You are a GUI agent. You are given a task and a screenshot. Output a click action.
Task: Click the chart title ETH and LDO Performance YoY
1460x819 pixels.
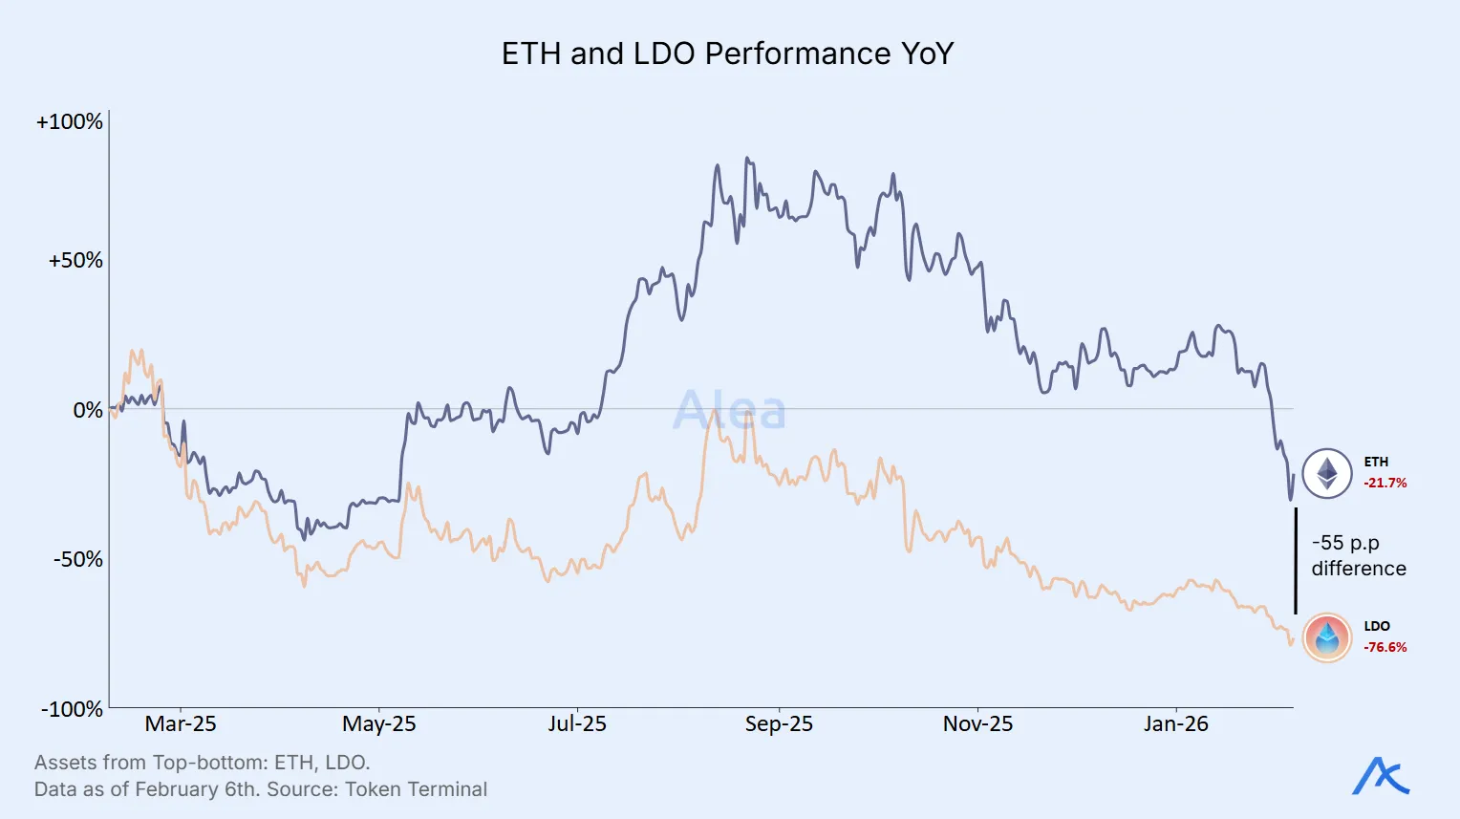728,54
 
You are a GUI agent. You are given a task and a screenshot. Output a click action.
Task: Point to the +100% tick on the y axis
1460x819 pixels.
69,122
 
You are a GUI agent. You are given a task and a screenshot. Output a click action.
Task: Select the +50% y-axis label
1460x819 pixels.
75,261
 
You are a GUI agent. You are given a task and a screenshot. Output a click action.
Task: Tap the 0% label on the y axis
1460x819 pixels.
88,410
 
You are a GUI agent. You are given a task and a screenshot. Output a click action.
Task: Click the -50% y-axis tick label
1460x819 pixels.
77,559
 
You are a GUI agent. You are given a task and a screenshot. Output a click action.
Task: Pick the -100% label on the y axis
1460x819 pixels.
72,709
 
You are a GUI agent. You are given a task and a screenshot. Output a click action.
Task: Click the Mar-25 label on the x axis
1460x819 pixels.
181,724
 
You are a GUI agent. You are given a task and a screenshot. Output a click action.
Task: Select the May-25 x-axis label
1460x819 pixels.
379,724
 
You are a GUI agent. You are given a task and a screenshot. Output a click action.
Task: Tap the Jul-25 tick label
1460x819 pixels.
577,724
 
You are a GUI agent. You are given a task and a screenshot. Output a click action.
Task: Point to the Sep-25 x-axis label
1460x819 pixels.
779,724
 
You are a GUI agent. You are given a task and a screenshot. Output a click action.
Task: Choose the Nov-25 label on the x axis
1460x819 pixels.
977,724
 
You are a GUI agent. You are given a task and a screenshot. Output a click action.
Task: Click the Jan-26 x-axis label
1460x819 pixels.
1175,724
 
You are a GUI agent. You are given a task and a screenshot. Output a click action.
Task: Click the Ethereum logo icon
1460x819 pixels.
1327,473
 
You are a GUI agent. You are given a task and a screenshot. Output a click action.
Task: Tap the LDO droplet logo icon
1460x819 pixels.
1327,637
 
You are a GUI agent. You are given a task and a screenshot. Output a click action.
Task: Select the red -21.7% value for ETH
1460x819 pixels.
1385,484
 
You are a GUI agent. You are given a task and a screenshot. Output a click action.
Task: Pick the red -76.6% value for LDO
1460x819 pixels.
1385,648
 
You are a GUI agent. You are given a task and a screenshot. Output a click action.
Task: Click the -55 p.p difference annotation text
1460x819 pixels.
1358,555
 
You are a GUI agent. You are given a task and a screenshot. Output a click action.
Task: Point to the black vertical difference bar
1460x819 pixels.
1296,561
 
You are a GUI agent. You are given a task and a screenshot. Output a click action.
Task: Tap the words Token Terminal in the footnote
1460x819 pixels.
416,789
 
